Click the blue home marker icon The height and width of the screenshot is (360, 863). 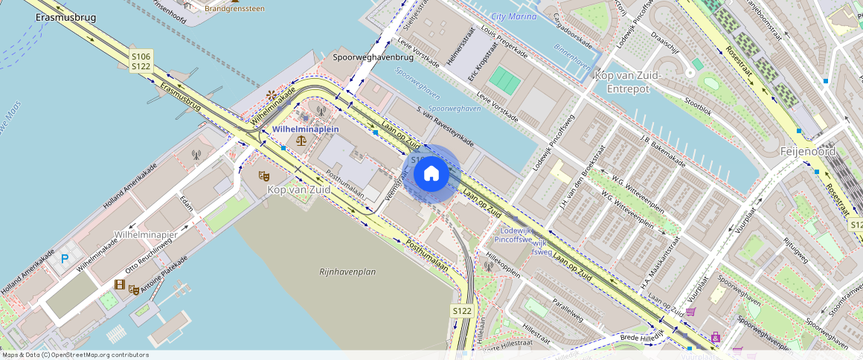[431, 173]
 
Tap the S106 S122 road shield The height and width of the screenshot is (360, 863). [141, 62]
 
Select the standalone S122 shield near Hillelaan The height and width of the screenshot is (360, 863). [462, 310]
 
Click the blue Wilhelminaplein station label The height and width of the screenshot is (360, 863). [306, 129]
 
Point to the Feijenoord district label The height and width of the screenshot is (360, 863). [808, 151]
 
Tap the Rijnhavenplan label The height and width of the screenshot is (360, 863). [347, 271]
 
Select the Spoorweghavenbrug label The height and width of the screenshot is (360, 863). [373, 57]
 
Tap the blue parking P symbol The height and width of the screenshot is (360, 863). [65, 258]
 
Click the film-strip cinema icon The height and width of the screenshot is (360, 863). [119, 285]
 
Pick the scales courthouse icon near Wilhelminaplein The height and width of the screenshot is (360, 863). [301, 139]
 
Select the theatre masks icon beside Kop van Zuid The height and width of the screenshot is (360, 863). [263, 176]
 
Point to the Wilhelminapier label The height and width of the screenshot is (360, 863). [146, 234]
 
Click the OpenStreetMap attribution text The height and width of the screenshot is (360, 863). [75, 355]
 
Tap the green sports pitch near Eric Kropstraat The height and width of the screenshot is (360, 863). [505, 78]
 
